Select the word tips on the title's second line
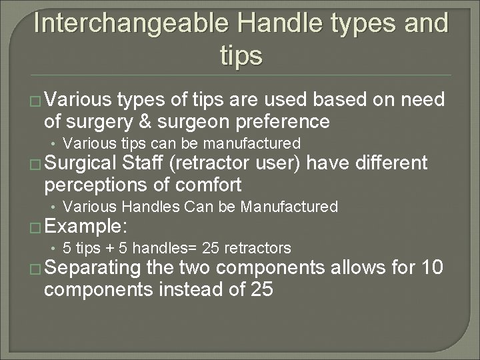coord(241,56)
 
